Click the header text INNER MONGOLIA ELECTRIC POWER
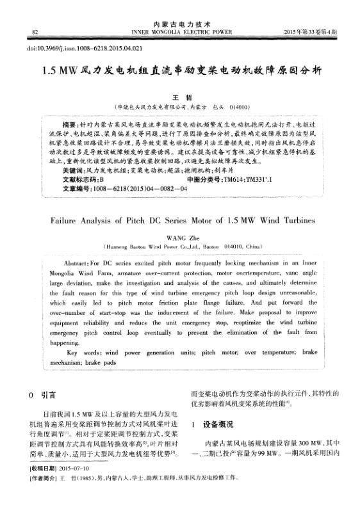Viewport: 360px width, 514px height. [181, 31]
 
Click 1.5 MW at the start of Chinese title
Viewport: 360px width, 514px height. [58, 69]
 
